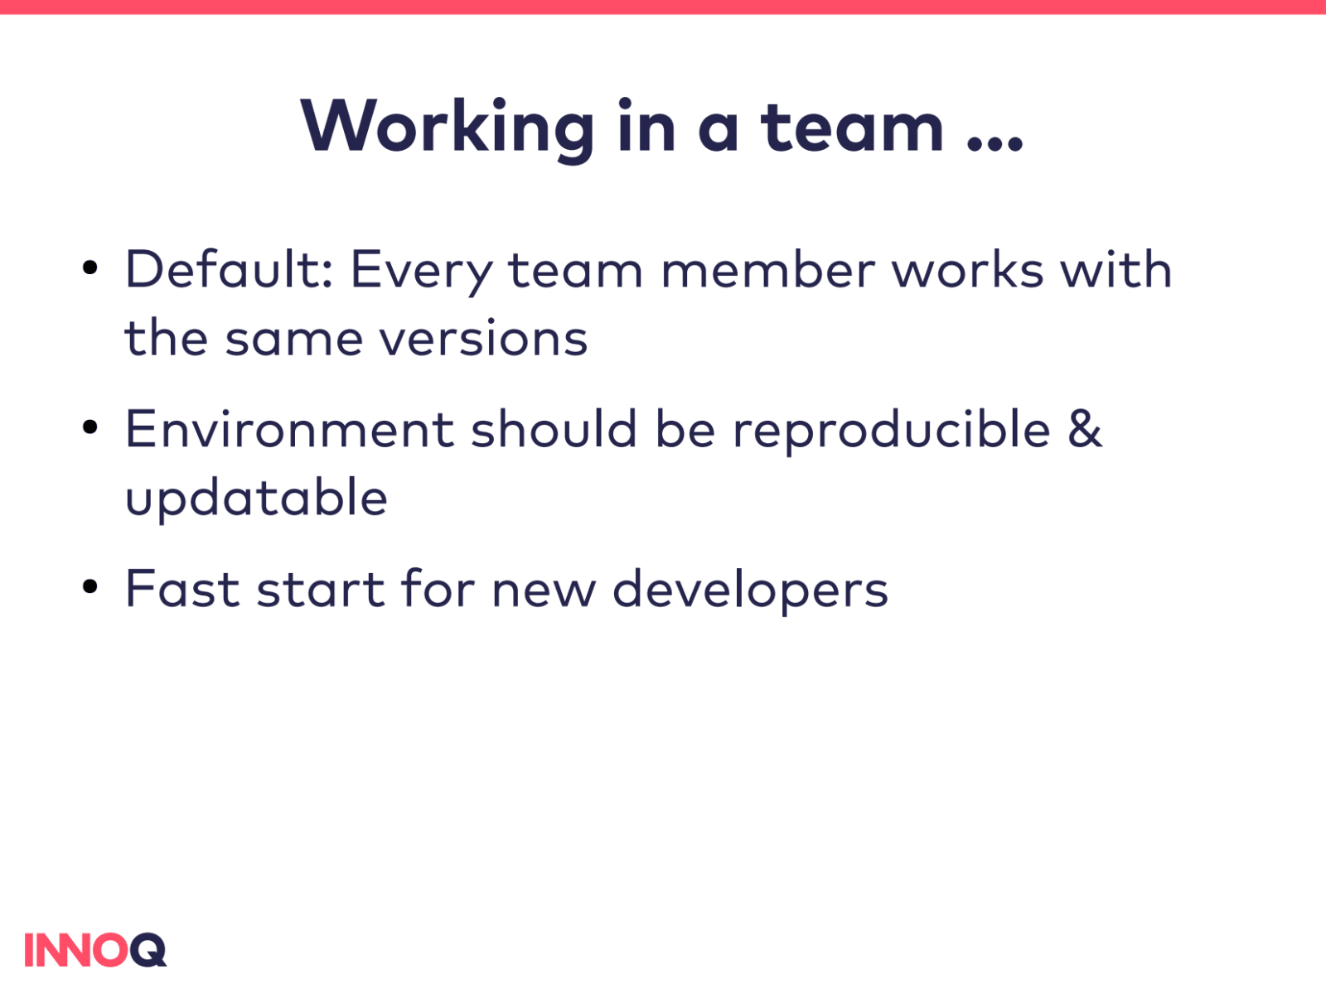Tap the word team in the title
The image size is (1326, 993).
[852, 128]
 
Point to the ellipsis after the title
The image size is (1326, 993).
[995, 143]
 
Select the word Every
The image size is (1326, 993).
[422, 272]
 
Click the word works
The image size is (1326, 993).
[968, 271]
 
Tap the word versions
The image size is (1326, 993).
[483, 338]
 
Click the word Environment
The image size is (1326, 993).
[290, 429]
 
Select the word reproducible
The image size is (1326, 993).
[893, 431]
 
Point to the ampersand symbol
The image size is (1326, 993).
[1086, 429]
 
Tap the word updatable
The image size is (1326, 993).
[256, 499]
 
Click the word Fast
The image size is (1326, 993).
[182, 589]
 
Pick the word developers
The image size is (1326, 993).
[750, 590]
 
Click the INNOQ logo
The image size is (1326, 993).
[95, 950]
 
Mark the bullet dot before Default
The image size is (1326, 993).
[90, 268]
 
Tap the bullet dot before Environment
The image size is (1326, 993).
[90, 427]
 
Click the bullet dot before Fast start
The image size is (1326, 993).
[90, 586]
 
